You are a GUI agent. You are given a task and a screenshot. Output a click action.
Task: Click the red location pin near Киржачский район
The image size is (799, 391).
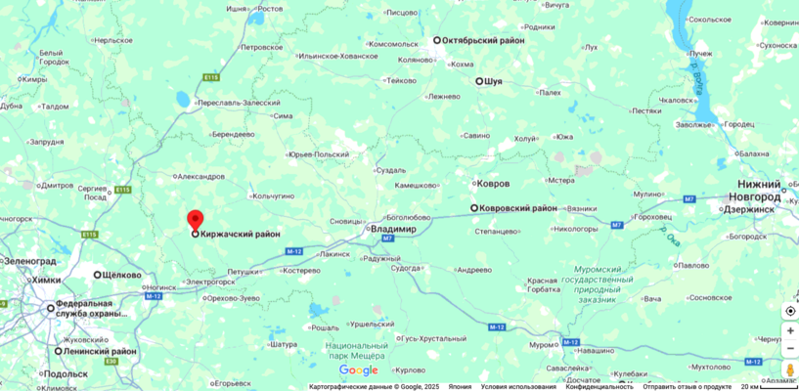click(195, 220)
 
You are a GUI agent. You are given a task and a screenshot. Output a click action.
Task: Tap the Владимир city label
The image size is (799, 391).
click(394, 229)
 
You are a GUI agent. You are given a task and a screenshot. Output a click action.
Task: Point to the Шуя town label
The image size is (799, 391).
click(493, 81)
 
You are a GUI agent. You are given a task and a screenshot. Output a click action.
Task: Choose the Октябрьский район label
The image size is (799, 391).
click(483, 40)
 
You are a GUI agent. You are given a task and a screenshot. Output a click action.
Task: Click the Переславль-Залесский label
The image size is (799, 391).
click(239, 103)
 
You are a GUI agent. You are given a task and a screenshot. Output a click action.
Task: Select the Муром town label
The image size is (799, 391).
click(543, 344)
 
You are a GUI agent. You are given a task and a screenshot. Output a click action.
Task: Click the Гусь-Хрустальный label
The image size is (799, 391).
click(430, 337)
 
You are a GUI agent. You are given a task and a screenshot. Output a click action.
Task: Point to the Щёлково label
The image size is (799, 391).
click(122, 275)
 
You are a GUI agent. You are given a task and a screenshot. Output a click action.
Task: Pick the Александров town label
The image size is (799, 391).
click(200, 177)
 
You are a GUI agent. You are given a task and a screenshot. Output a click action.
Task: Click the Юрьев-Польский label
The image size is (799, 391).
click(319, 154)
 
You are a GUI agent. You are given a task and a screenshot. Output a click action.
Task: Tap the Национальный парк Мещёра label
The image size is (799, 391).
click(357, 351)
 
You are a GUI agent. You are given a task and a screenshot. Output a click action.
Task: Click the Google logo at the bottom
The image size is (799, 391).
click(358, 370)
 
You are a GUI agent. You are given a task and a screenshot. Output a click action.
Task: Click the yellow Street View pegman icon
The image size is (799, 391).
click(790, 370)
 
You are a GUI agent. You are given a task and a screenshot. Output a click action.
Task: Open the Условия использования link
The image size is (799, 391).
click(518, 386)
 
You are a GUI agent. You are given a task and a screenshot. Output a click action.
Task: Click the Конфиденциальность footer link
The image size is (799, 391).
click(599, 386)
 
